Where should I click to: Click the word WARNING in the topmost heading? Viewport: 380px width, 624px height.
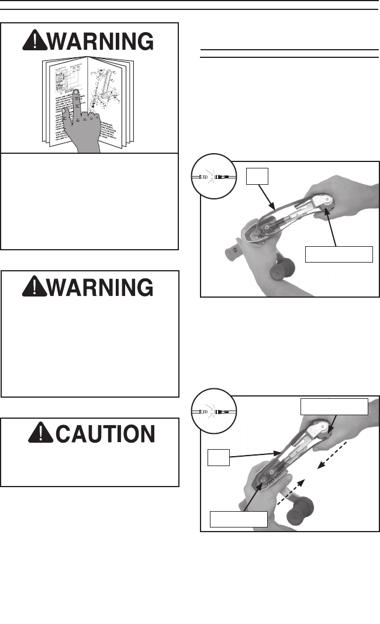pyautogui.click(x=103, y=41)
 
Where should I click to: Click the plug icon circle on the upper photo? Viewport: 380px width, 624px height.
pyautogui.click(x=213, y=175)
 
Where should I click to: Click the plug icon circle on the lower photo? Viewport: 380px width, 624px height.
pyautogui.click(x=213, y=412)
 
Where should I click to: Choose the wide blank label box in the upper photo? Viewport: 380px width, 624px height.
pyautogui.click(x=339, y=254)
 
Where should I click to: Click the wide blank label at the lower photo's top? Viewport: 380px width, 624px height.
pyautogui.click(x=334, y=406)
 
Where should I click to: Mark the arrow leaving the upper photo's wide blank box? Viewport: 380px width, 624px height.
pyautogui.click(x=333, y=225)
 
